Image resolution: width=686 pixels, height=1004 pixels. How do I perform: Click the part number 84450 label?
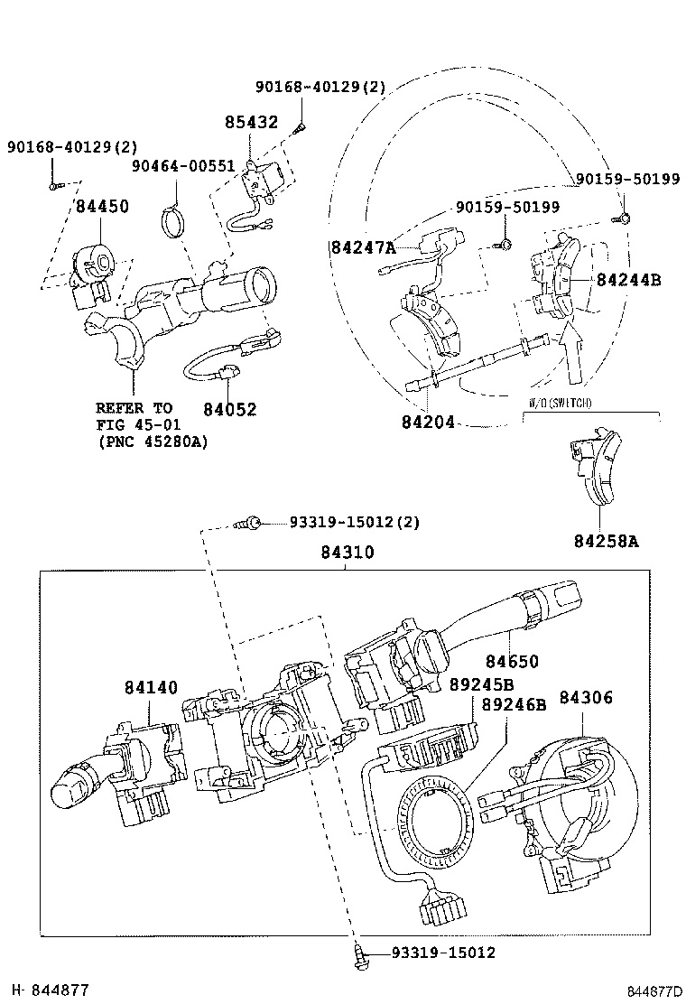(x=102, y=207)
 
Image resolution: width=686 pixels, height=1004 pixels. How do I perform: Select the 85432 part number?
(x=251, y=122)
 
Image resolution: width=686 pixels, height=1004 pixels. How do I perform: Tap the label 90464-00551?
(x=183, y=166)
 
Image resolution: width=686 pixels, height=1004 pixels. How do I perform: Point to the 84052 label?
(x=229, y=410)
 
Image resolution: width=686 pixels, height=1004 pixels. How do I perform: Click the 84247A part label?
(x=363, y=246)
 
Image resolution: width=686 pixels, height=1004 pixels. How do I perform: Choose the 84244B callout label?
(x=628, y=280)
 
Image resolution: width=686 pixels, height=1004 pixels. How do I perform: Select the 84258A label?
(x=606, y=541)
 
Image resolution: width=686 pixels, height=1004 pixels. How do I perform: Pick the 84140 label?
(x=152, y=689)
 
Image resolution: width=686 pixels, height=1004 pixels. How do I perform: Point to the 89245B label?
(x=481, y=684)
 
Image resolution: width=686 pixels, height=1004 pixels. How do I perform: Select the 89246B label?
(x=514, y=705)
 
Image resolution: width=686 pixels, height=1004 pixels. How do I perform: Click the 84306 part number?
(x=586, y=697)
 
